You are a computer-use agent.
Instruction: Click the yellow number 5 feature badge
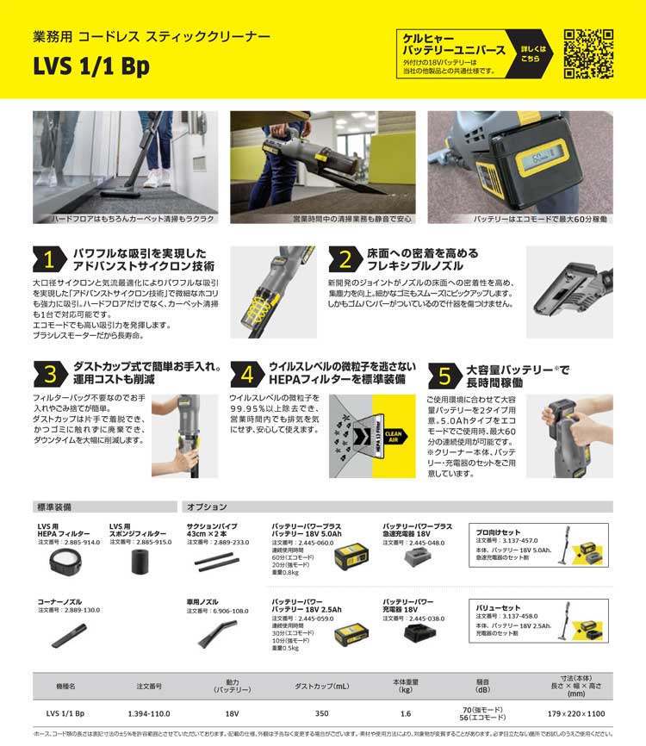click(444, 375)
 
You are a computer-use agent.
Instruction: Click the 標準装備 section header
click(55, 507)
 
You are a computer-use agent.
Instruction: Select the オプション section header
click(208, 507)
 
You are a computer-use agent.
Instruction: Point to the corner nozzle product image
click(69, 636)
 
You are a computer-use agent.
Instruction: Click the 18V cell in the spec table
click(231, 713)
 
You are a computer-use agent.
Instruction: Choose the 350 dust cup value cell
click(322, 713)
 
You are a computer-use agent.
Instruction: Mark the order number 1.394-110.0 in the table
click(150, 713)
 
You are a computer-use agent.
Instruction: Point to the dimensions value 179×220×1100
click(577, 713)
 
